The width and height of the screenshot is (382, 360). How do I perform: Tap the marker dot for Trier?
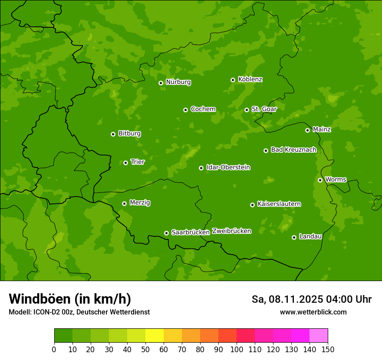tap(126, 163)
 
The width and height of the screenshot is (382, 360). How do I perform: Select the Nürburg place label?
tap(178, 82)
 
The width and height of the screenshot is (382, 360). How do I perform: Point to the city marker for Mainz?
tap(307, 130)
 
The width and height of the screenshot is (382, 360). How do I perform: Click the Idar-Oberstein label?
tap(228, 167)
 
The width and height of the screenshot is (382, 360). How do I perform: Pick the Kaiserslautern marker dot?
tap(252, 205)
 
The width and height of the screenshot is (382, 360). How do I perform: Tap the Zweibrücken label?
tap(231, 231)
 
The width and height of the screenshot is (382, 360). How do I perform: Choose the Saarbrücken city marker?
tap(166, 233)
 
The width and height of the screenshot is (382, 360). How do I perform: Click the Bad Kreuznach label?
tap(293, 150)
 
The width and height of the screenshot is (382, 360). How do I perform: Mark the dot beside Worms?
tap(320, 180)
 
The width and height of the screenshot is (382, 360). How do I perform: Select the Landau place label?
tap(310, 236)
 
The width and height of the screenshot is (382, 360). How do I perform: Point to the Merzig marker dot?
tap(124, 203)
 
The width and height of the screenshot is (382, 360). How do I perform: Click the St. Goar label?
tap(264, 109)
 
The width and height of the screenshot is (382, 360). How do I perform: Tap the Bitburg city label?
tap(129, 134)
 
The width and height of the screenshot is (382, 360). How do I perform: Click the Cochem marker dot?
tap(185, 110)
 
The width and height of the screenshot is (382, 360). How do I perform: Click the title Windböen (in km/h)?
tap(69, 299)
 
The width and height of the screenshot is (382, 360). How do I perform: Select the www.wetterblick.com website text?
tap(313, 312)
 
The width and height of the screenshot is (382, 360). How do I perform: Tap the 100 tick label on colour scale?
tap(237, 349)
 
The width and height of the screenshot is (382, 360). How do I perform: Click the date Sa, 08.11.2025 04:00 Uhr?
tap(311, 299)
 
